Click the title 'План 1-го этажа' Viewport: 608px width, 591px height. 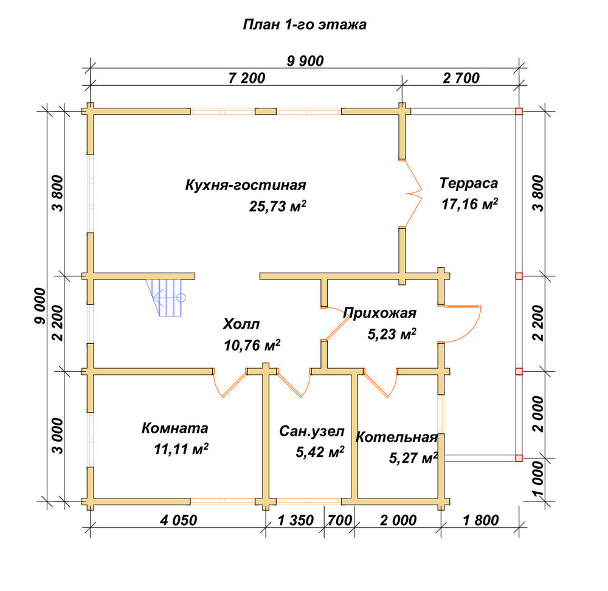[305, 24]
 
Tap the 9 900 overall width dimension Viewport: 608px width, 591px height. [306, 61]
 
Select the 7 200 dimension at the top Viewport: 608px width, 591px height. [247, 78]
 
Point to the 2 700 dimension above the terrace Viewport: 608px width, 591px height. [461, 78]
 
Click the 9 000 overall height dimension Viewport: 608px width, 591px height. [40, 306]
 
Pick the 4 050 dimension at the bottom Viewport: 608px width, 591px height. [178, 520]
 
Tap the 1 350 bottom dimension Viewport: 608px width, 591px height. [295, 520]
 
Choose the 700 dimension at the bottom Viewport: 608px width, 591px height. [340, 520]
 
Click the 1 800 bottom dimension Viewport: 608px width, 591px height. [481, 520]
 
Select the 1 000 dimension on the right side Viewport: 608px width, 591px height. [538, 479]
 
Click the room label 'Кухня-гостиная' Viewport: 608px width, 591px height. [246, 185]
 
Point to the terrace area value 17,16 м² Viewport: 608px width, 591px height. [469, 204]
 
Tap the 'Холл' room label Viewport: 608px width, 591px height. [241, 324]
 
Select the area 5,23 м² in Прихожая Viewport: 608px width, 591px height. [392, 334]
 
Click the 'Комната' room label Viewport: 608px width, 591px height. [175, 428]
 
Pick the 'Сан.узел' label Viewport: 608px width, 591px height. [312, 431]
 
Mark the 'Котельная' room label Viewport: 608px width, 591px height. [396, 438]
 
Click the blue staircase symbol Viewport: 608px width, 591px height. [165, 298]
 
